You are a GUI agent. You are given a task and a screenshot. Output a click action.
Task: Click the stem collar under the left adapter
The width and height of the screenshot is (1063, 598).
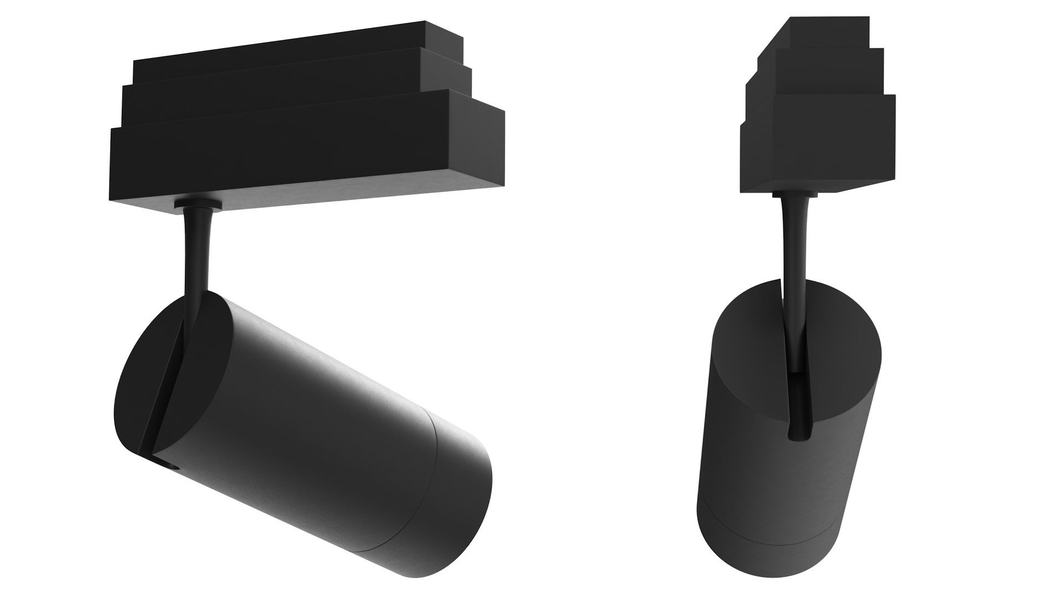pyautogui.click(x=198, y=206)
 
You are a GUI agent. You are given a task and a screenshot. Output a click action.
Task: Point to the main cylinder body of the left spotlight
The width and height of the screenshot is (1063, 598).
pyautogui.click(x=310, y=421)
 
